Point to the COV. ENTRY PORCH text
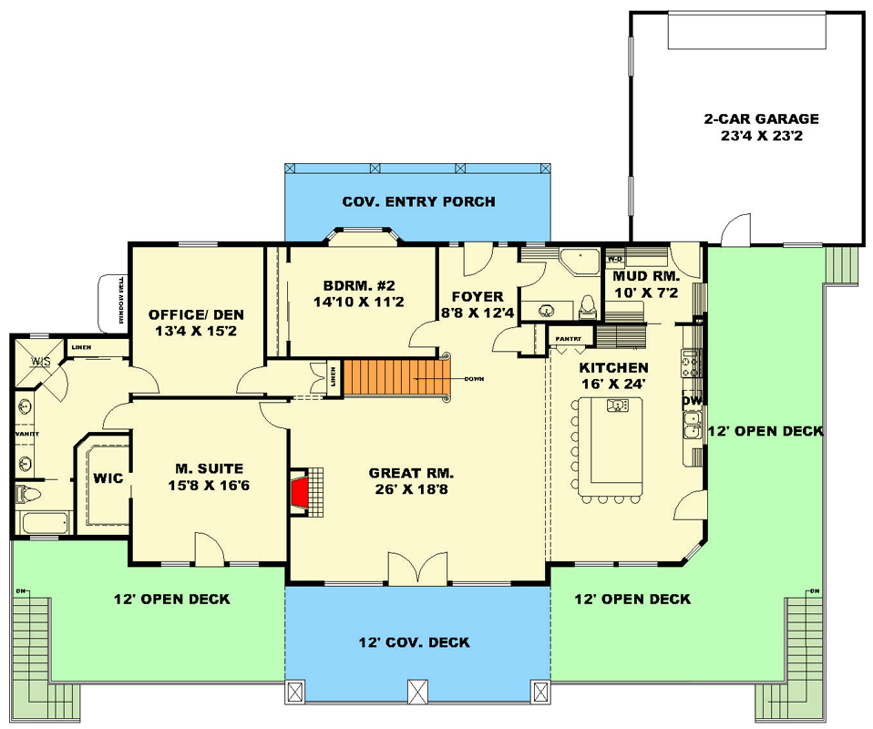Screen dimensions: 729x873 [x=418, y=201]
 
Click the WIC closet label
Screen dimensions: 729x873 [x=109, y=477]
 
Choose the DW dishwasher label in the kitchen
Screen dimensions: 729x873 [x=692, y=400]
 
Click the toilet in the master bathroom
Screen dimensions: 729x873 [x=26, y=495]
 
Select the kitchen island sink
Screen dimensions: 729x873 [x=619, y=405]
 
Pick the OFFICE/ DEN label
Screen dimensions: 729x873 [x=196, y=315]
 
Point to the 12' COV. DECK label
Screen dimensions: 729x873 [x=414, y=642]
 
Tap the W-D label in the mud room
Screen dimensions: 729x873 [x=614, y=258]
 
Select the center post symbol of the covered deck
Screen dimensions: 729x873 [x=417, y=691]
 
